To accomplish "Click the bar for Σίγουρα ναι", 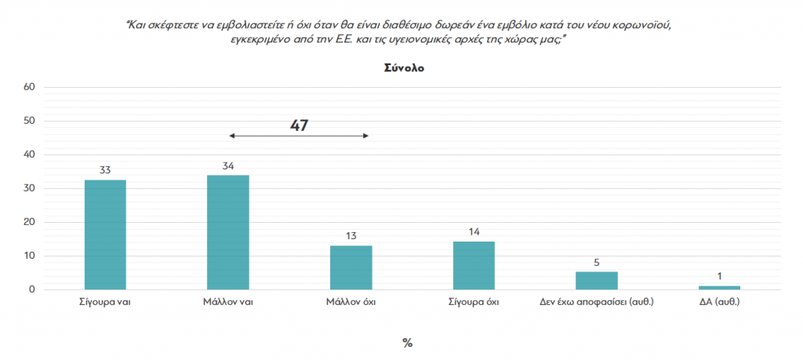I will (105, 235).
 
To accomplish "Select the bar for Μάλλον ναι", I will (227, 232).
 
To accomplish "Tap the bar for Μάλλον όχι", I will (351, 267).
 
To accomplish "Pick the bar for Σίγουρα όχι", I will (474, 265).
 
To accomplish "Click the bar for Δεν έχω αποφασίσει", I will (597, 281).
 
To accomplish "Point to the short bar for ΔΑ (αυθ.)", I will (719, 287).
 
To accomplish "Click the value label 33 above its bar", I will (105, 169).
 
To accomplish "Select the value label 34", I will (227, 165).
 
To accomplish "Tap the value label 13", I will (351, 235).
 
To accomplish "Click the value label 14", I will (474, 231).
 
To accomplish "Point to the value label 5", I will (597, 262).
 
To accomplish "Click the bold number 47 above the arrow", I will (299, 125).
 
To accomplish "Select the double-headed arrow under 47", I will (299, 136).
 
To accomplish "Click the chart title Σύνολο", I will (404, 68).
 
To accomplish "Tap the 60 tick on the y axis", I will (29, 87).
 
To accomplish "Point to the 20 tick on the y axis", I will (29, 222).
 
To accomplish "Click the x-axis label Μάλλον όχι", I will (351, 302).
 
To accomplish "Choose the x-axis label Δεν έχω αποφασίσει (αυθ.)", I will (597, 302).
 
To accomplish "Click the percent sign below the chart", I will (407, 343).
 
